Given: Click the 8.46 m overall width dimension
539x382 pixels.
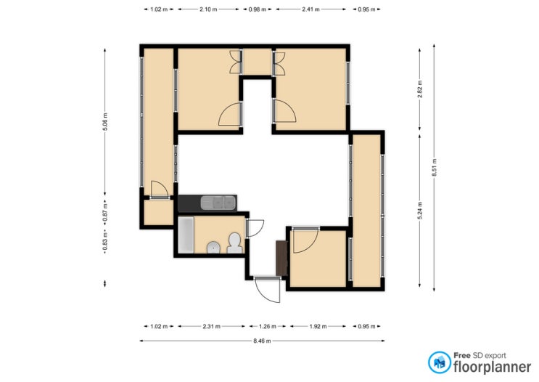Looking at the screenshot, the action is [x=262, y=341].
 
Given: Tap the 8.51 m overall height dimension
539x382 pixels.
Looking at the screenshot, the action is [x=434, y=168].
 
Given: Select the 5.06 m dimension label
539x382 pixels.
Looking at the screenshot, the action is [x=105, y=122].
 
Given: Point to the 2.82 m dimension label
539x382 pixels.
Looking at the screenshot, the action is [x=420, y=89].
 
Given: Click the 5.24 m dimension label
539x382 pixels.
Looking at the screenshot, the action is [x=420, y=211].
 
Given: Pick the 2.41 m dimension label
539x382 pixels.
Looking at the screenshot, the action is [x=310, y=9].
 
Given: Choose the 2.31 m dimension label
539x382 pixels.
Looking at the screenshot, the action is [x=211, y=326].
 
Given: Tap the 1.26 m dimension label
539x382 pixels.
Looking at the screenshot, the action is [x=267, y=326].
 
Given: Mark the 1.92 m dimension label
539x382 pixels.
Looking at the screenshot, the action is [x=318, y=326].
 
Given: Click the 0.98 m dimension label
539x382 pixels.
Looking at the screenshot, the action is [x=258, y=9].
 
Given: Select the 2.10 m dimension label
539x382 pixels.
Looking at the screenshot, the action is [x=208, y=9].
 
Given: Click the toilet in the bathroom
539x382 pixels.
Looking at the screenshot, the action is [x=235, y=243].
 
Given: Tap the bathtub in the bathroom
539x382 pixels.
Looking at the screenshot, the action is [x=186, y=235].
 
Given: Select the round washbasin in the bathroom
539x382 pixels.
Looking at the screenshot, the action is [x=214, y=248].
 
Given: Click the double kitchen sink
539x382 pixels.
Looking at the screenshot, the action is [x=218, y=203].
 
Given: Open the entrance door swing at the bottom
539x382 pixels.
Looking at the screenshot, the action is [x=268, y=290].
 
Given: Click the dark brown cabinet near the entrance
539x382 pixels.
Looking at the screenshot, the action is [x=282, y=258].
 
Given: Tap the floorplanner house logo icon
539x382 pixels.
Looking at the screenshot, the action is [x=440, y=362].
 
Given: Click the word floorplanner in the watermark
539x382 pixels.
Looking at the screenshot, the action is [x=492, y=367].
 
